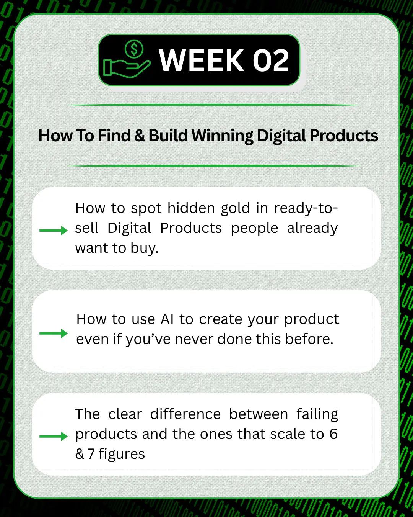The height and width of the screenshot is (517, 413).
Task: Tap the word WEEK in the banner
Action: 201,60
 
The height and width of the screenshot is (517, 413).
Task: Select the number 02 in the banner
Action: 270,60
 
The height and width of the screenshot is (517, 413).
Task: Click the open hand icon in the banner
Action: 127,69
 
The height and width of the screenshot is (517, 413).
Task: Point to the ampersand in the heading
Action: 139,136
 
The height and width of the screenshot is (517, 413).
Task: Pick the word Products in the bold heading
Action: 344,136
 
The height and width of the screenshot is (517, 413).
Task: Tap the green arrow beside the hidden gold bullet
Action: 53,231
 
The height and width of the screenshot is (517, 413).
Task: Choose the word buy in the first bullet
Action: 144,249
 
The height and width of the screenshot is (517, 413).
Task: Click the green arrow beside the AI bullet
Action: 53,333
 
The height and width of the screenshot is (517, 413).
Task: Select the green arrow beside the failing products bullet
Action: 53,436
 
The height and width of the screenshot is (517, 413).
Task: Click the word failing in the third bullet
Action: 317,415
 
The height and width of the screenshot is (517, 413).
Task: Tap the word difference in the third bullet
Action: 185,414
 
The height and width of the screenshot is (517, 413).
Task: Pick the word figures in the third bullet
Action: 122,454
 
